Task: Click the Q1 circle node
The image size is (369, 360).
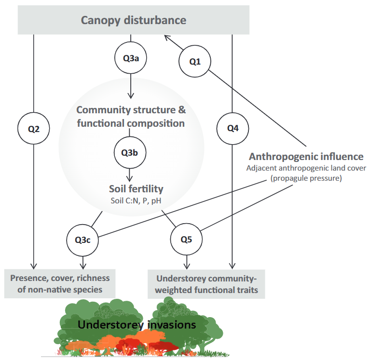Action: click(194, 61)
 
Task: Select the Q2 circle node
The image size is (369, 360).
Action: click(34, 129)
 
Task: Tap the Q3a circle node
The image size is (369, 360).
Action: click(130, 58)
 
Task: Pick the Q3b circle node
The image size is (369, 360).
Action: click(130, 153)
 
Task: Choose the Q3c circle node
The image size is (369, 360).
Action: click(84, 240)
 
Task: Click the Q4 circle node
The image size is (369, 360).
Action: click(233, 129)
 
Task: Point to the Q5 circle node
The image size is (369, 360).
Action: click(187, 240)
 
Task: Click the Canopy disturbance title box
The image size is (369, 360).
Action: click(134, 20)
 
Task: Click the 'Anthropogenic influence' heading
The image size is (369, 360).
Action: click(306, 157)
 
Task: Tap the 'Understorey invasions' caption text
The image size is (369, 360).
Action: click(137, 325)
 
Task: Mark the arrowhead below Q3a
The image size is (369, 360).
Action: click(130, 96)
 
